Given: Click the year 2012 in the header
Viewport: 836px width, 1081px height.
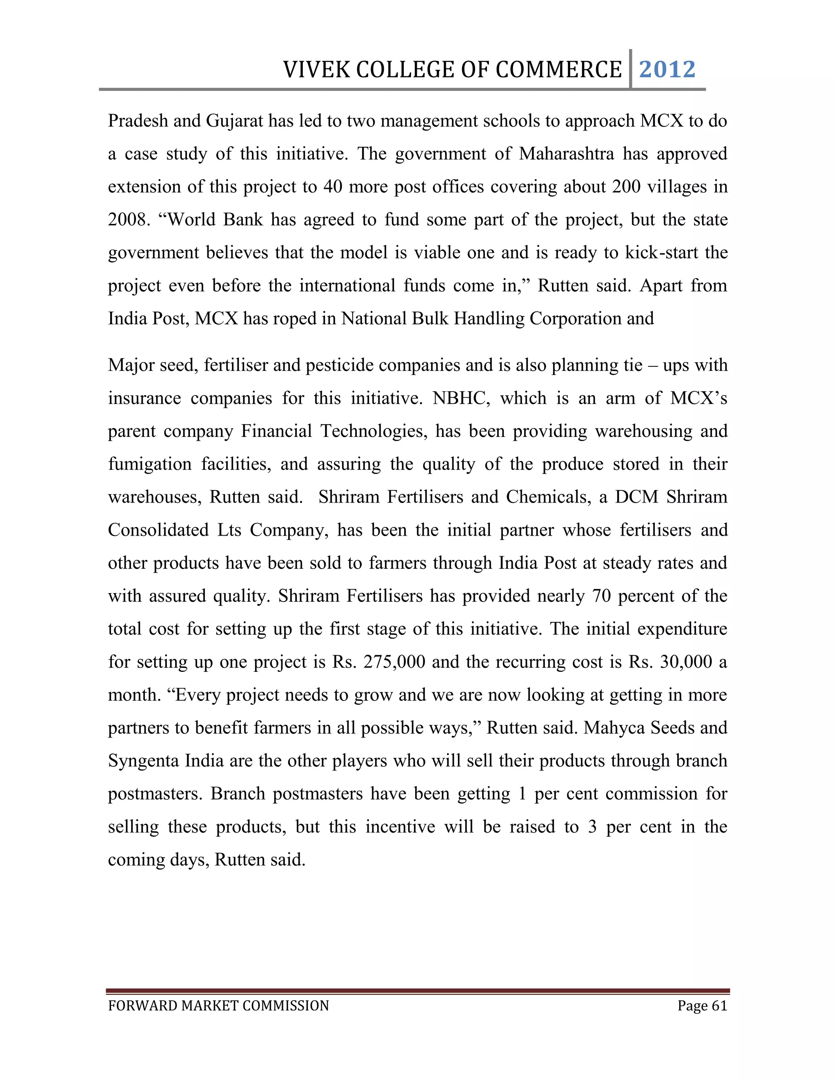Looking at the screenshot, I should coord(667,69).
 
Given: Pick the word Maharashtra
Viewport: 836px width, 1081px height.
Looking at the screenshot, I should coord(567,154).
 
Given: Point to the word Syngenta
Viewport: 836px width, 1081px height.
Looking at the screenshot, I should coord(143,760).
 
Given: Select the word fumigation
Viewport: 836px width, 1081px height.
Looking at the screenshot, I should coord(149,464).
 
